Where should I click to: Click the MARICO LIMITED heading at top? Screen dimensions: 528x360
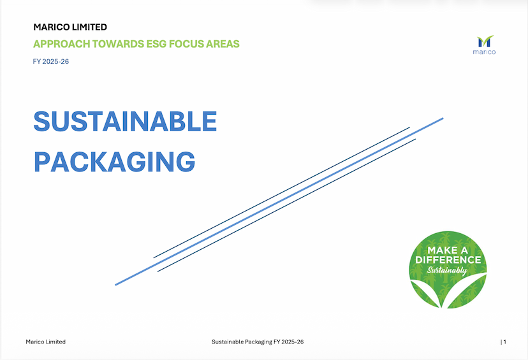tap(70, 27)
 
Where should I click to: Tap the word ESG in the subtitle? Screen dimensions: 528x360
tap(156, 44)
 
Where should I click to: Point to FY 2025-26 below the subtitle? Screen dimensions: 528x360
tap(51, 61)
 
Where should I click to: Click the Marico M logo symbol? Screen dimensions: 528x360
tap(485, 41)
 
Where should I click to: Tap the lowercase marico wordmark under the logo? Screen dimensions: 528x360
tap(484, 52)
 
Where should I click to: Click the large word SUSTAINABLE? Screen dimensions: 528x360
tap(125, 121)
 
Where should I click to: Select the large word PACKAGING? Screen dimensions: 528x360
tap(115, 162)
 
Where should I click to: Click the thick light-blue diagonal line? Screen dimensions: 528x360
tap(279, 201)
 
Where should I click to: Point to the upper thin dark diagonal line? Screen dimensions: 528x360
tap(281, 192)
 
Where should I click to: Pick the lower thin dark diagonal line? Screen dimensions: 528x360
tap(286, 205)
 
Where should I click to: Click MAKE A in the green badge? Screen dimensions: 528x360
tap(448, 250)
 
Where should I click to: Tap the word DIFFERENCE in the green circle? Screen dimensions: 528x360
tap(448, 260)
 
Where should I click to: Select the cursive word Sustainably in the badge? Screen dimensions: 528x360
tap(447, 270)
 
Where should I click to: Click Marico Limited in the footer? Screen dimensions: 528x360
tap(45, 342)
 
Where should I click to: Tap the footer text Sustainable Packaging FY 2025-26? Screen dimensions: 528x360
tap(258, 342)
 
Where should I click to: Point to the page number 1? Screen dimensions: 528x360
tap(505, 342)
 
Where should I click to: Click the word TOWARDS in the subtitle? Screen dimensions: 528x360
tap(118, 44)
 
